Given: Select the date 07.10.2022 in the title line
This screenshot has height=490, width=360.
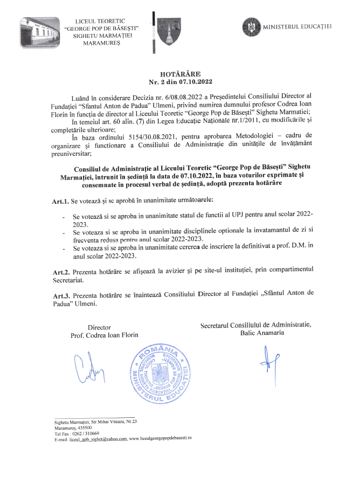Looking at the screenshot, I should pos(195,82).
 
